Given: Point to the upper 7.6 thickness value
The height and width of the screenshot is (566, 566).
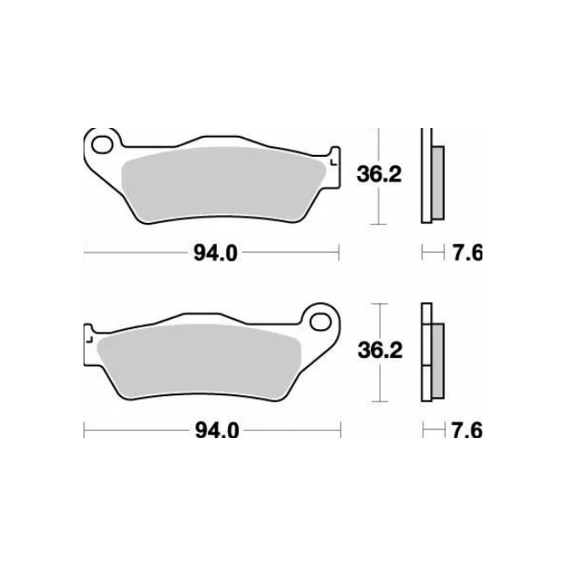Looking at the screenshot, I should (467, 253).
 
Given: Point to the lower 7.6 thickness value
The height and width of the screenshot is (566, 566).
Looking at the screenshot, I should (467, 430).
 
